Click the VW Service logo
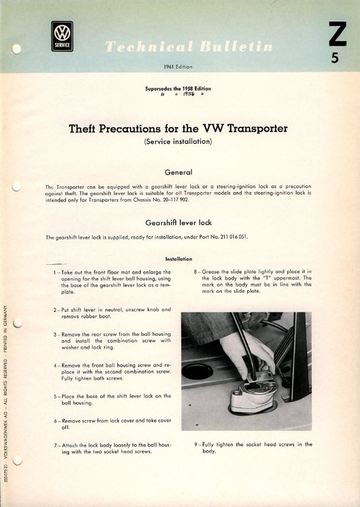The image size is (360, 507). pos(62,36)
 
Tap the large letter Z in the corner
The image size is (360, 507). pos(337,34)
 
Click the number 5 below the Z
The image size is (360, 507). pos(335,58)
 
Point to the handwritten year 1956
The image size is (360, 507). pos(188,94)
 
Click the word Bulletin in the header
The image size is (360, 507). pos(236,46)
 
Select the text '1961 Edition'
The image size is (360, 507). pos(178,67)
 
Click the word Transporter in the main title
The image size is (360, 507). pos(257,129)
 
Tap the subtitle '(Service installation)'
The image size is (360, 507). pos(178,141)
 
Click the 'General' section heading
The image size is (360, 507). pos(178,172)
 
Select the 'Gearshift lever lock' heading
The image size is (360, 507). pos(179,223)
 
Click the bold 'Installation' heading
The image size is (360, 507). pos(179,259)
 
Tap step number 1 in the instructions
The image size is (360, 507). pos(55,273)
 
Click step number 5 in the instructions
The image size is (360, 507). pos(55,397)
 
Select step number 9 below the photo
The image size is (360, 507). pos(196,445)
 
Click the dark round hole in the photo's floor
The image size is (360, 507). pos(197,372)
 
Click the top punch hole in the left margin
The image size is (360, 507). pos(16,49)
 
